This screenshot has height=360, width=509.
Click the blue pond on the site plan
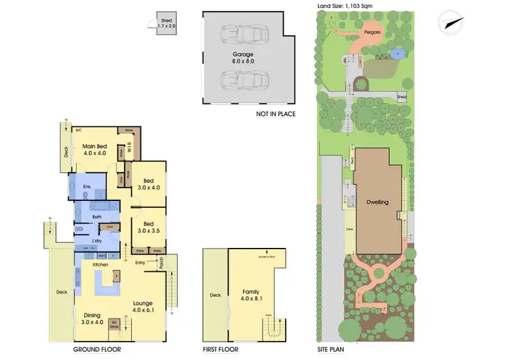(398, 53)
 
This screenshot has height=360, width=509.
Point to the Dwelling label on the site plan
(377, 202)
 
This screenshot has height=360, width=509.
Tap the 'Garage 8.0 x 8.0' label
(242, 57)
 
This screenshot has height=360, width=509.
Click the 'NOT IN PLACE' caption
(276, 113)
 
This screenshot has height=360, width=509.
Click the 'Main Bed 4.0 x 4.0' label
(96, 149)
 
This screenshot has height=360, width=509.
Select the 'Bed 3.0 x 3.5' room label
(147, 228)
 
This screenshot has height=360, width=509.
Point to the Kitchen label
(100, 264)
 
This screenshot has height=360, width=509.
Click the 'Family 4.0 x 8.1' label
(251, 295)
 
